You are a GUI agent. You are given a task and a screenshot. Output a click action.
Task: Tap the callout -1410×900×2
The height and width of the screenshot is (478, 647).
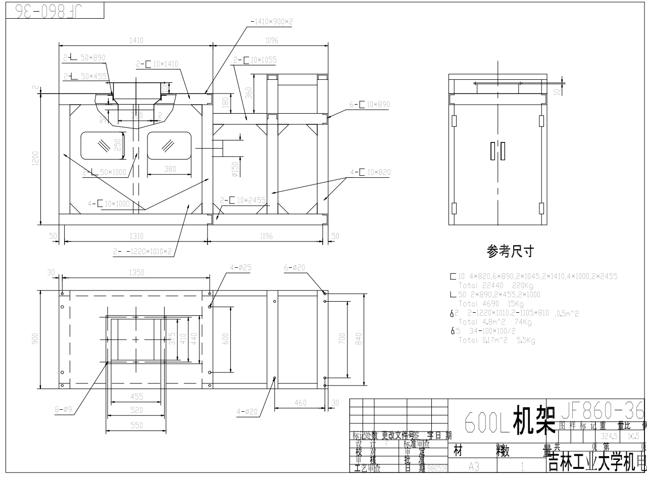(272, 22)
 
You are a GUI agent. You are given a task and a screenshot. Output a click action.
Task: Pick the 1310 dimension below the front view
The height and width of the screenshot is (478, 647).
(136, 236)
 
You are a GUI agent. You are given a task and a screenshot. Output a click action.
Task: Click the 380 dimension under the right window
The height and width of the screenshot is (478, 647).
(170, 170)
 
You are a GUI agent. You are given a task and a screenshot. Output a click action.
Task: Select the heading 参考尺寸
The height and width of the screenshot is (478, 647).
(510, 251)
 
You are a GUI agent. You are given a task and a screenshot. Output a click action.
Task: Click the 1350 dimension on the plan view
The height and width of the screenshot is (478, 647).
(136, 273)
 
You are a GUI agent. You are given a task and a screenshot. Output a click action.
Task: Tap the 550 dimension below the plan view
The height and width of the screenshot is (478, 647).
(135, 425)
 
